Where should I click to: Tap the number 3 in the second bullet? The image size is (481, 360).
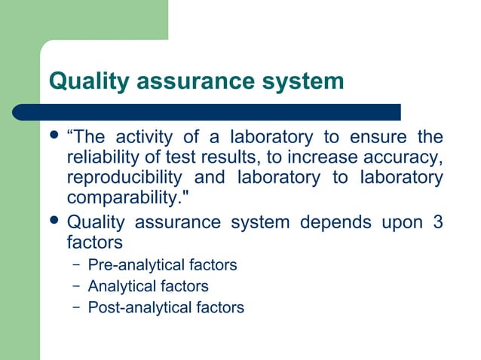pyautogui.click(x=437, y=223)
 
